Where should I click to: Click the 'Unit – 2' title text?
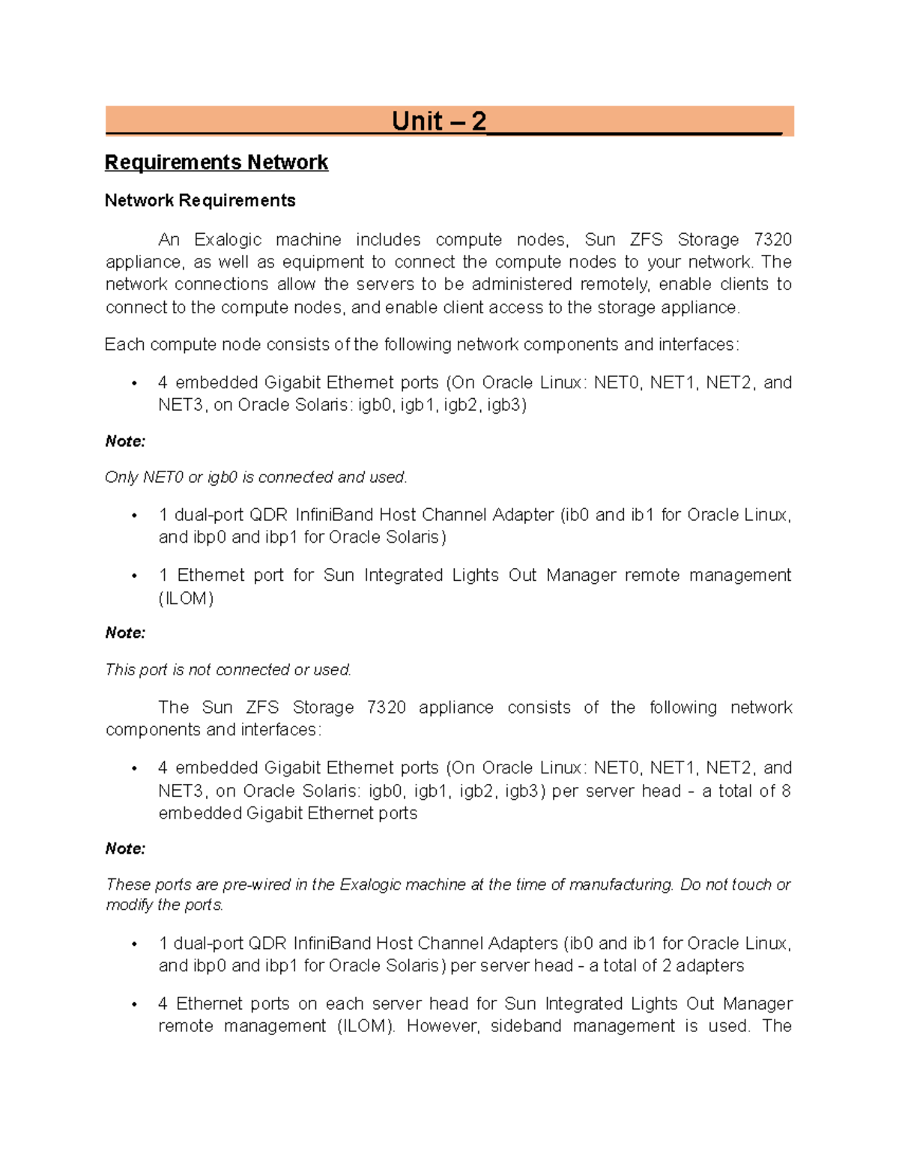pyautogui.click(x=439, y=121)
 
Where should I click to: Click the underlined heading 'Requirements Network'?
pyautogui.click(x=217, y=163)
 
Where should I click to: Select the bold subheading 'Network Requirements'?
pyautogui.click(x=200, y=201)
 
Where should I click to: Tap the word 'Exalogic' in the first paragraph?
pyautogui.click(x=228, y=240)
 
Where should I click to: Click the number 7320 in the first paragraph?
pyautogui.click(x=772, y=240)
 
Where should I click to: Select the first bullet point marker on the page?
pyautogui.click(x=134, y=383)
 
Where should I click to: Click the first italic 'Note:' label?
pyautogui.click(x=125, y=441)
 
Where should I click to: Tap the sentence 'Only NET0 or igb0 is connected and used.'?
pyautogui.click(x=255, y=477)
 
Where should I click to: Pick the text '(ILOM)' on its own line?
pyautogui.click(x=186, y=599)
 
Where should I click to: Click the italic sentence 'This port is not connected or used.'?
pyautogui.click(x=228, y=670)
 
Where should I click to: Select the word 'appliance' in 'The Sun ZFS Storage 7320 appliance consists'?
pyautogui.click(x=455, y=708)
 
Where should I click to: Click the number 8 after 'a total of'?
pyautogui.click(x=786, y=791)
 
